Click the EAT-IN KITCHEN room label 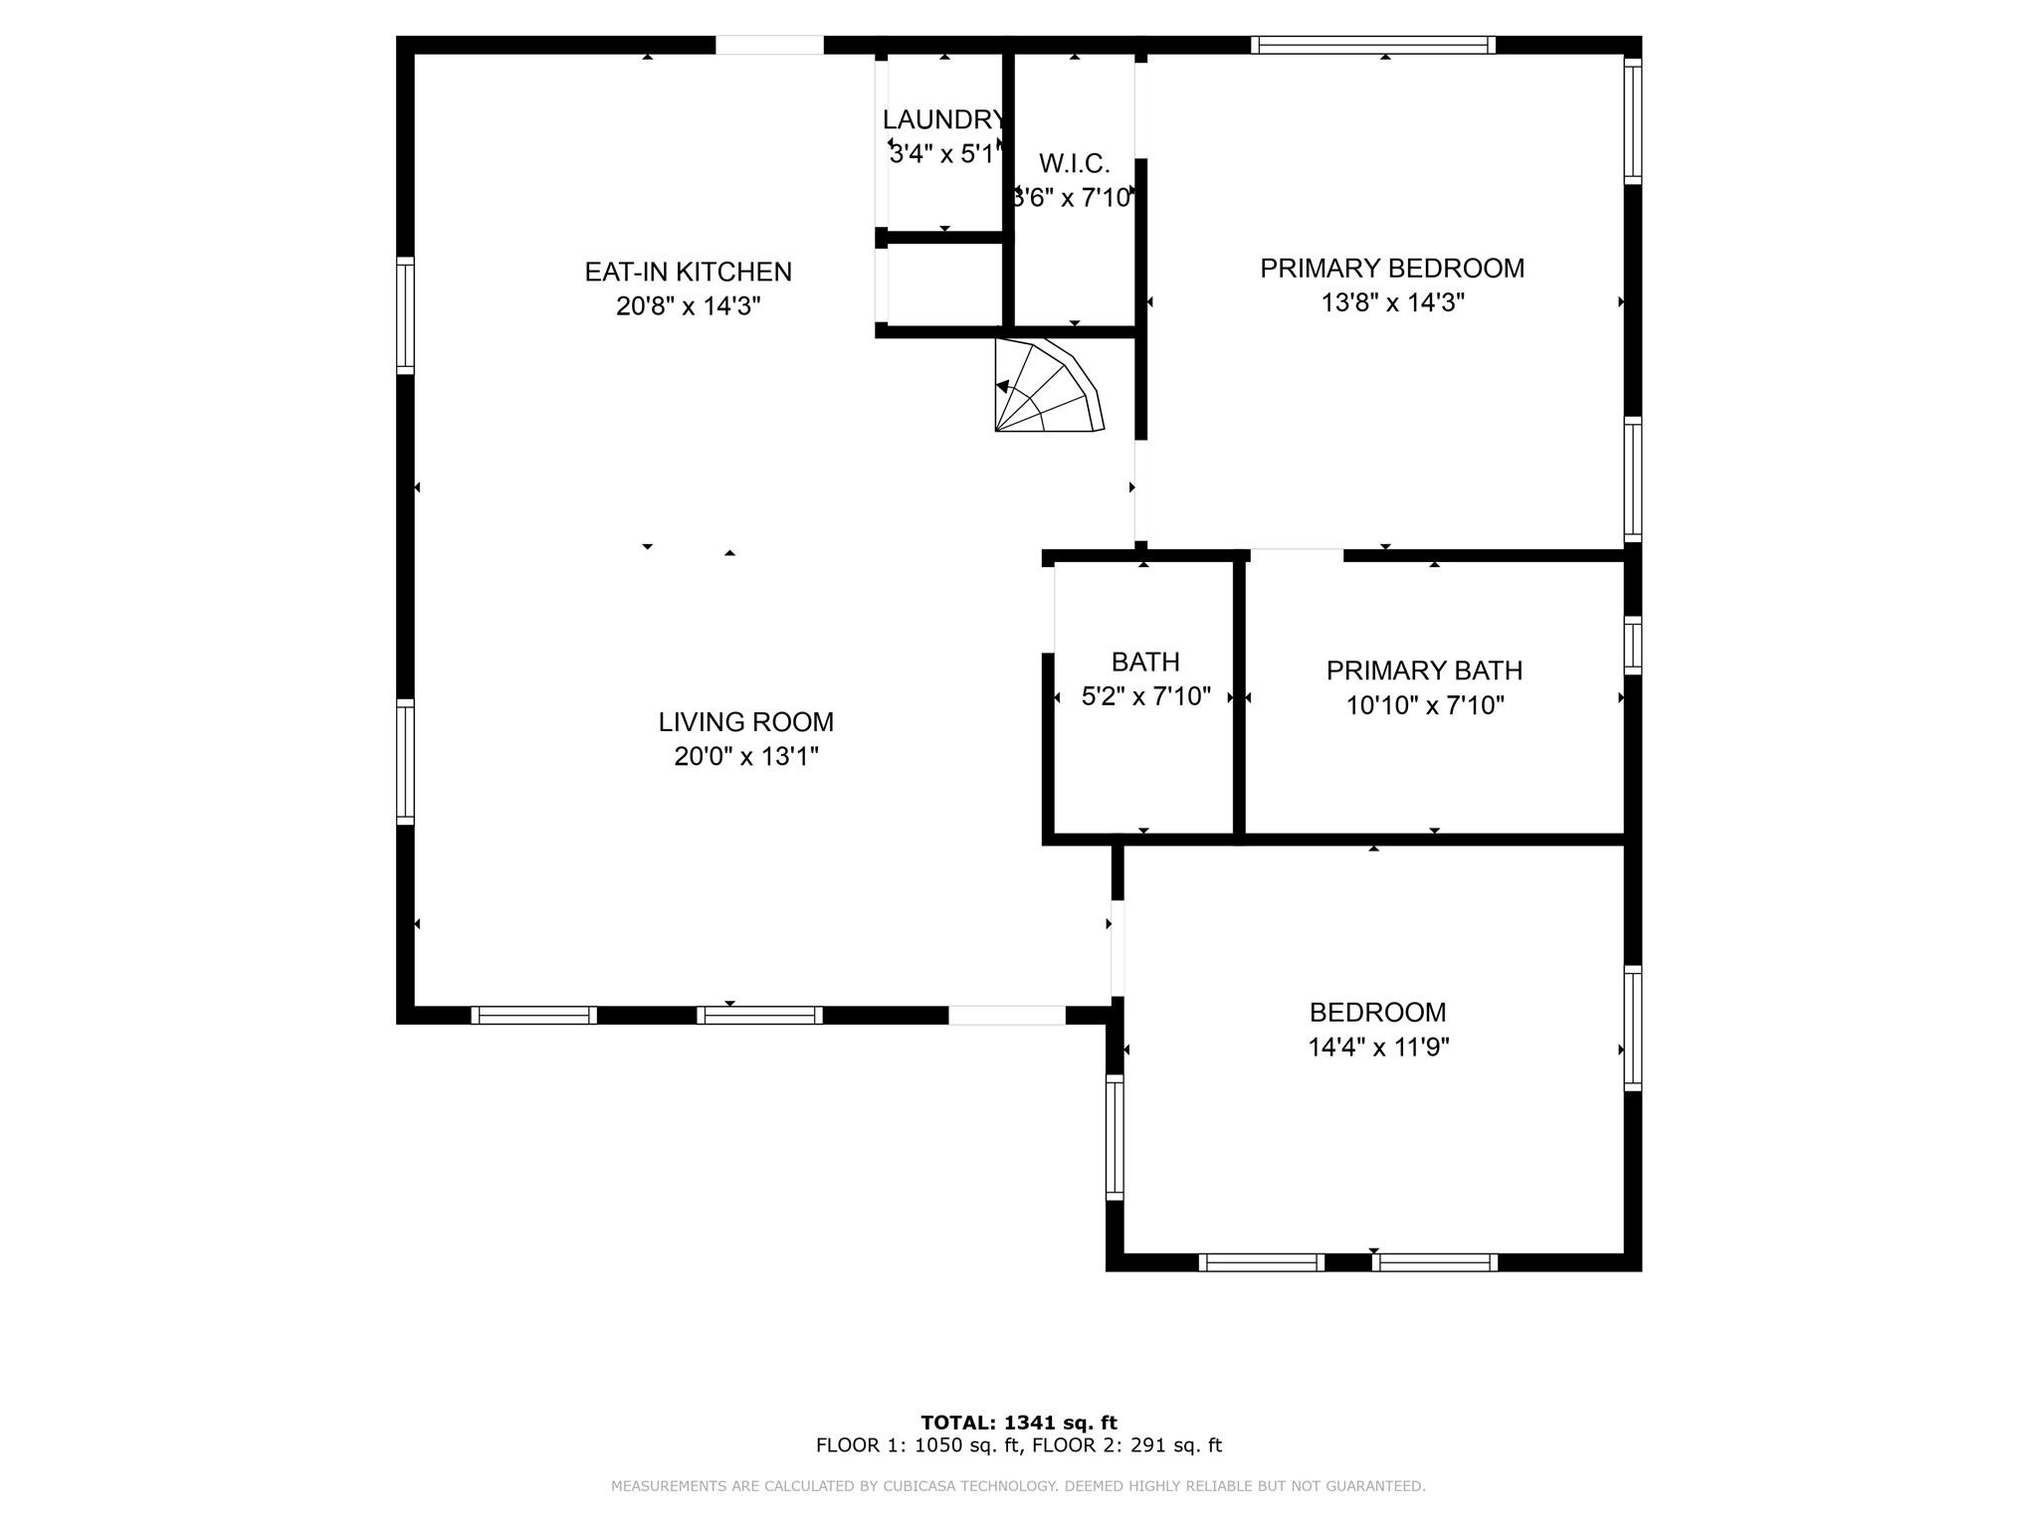pyautogui.click(x=688, y=272)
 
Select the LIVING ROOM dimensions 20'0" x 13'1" pyautogui.click(x=745, y=757)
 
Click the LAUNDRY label pyautogui.click(x=943, y=120)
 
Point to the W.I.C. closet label pyautogui.click(x=1074, y=164)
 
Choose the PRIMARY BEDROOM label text pyautogui.click(x=1391, y=269)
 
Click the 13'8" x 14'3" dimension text pyautogui.click(x=1391, y=302)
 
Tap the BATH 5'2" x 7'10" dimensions pyautogui.click(x=1145, y=696)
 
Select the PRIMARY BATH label pyautogui.click(x=1424, y=671)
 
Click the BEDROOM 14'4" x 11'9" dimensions pyautogui.click(x=1378, y=1048)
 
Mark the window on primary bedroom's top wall pyautogui.click(x=1373, y=45)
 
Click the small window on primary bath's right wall pyautogui.click(x=1632, y=645)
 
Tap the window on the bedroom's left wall pyautogui.click(x=1115, y=1137)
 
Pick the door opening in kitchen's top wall pyautogui.click(x=769, y=46)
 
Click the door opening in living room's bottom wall pyautogui.click(x=1006, y=1016)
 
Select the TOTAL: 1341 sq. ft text pyautogui.click(x=1018, y=1423)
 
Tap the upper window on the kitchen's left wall pyautogui.click(x=405, y=315)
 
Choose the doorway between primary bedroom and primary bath pyautogui.click(x=1296, y=554)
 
